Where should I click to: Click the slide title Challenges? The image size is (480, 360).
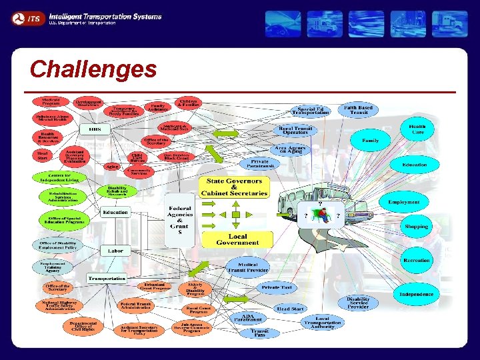(93, 69)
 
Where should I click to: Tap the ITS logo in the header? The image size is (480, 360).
(27, 19)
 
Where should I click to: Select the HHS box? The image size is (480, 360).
(95, 128)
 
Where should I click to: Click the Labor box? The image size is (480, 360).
(111, 251)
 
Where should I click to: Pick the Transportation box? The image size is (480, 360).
(107, 279)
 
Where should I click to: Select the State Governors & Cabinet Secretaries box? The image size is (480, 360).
(237, 187)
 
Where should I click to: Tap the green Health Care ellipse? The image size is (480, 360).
(417, 129)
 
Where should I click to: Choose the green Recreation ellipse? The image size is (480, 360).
(417, 261)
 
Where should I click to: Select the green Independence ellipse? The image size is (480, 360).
(417, 294)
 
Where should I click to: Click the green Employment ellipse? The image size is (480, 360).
(404, 201)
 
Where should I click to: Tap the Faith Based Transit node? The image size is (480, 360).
(358, 109)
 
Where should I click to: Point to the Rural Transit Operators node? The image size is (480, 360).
(295, 131)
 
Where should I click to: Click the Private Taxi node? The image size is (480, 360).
(277, 287)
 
